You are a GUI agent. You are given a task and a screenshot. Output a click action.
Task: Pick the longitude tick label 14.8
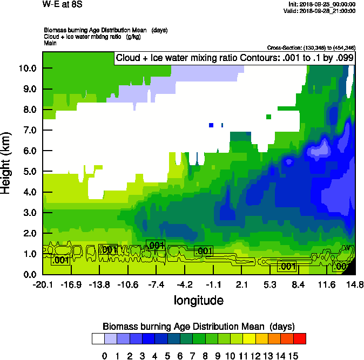[355, 284]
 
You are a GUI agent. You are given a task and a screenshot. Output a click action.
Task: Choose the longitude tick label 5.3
[270, 284]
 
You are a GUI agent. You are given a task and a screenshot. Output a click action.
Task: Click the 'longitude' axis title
[198, 300]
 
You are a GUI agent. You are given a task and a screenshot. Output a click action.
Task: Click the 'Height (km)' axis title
[6, 163]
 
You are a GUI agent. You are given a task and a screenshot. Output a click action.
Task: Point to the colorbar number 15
[293, 356]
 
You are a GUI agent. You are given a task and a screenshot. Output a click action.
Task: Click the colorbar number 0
[104, 356]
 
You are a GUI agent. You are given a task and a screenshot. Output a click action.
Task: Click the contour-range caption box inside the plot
[235, 58]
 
